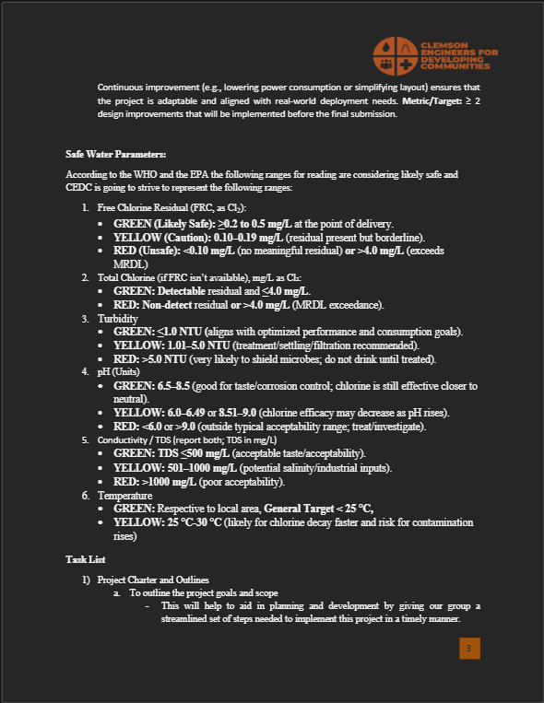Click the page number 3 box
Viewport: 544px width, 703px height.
pyautogui.click(x=468, y=650)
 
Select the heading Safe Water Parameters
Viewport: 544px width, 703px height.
pyautogui.click(x=115, y=153)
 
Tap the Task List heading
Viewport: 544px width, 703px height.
pyautogui.click(x=85, y=559)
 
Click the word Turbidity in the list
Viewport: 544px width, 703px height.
pyautogui.click(x=117, y=318)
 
